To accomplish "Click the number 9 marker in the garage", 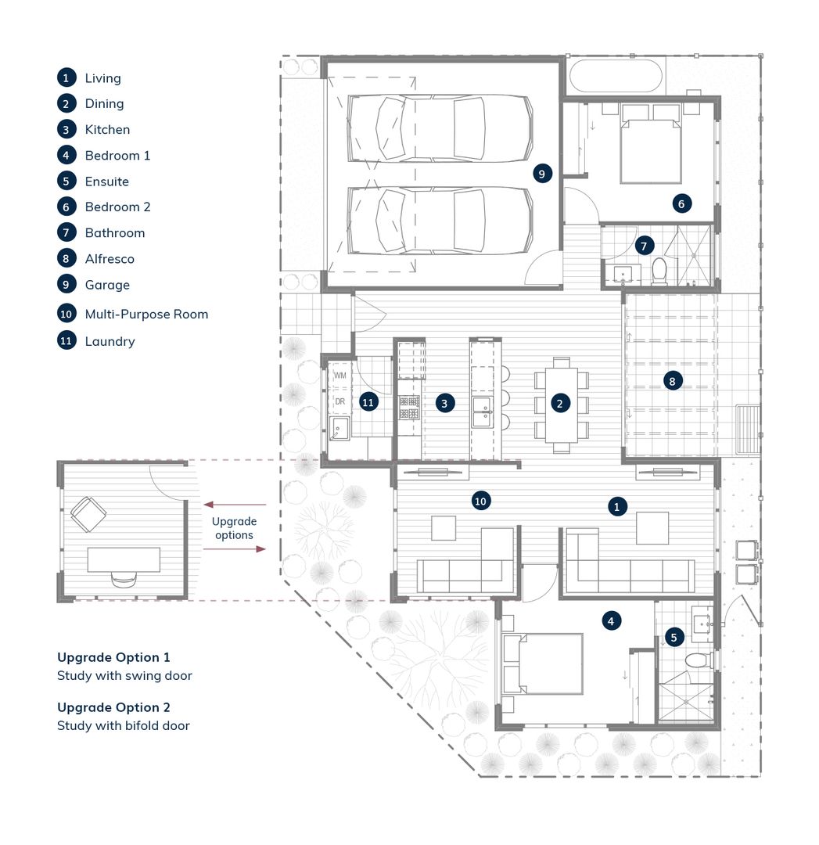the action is tap(542, 174).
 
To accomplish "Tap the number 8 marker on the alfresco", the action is tap(672, 381).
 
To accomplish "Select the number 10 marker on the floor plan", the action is tap(480, 502).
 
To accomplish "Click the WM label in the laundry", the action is tap(340, 375).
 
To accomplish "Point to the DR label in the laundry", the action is tap(340, 401).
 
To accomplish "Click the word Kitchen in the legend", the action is tap(107, 129).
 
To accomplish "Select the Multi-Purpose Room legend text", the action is tap(146, 315).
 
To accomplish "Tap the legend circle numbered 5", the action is tap(66, 181).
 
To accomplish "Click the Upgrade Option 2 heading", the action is tap(113, 707).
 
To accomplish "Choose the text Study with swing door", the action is tap(124, 676).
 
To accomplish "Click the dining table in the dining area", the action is tap(562, 405).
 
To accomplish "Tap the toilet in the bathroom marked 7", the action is tap(659, 271).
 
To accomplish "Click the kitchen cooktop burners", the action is tap(409, 408).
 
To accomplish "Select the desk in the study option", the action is tap(124, 559).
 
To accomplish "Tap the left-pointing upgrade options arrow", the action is tap(235, 505).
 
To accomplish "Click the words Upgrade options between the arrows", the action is tap(234, 528).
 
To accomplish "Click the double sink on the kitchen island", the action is tap(482, 412).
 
